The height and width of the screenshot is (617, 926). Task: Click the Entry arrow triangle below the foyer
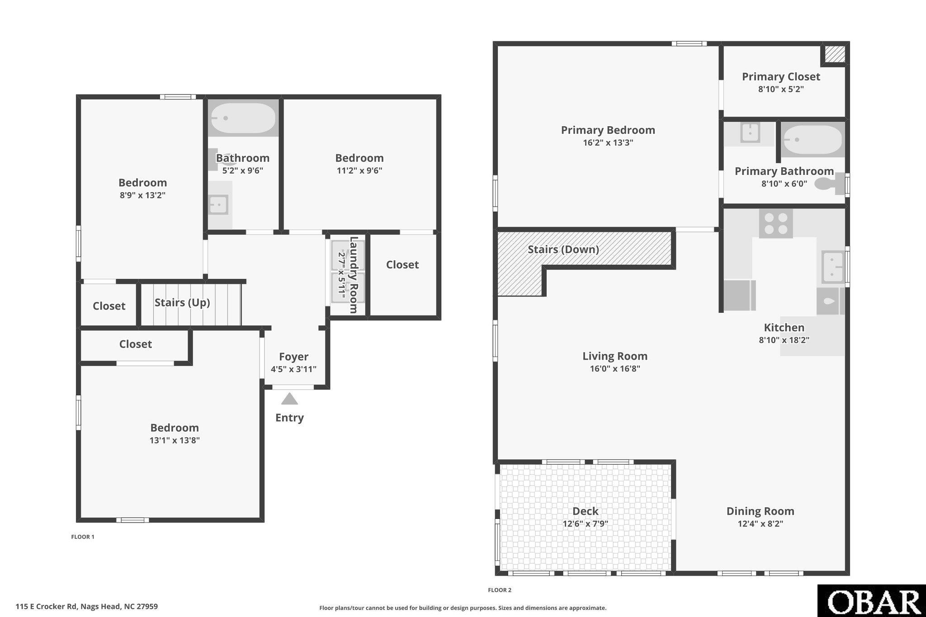289,399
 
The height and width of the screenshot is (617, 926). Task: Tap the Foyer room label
293,357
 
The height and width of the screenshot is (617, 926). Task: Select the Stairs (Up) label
182,302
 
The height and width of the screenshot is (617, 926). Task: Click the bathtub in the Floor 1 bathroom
243,118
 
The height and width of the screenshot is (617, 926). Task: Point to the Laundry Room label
354,275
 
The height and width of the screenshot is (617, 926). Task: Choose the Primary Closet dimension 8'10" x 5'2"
781,89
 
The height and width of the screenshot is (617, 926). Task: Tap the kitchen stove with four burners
775,224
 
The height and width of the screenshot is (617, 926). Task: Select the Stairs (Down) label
563,250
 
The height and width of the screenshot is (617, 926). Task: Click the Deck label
585,511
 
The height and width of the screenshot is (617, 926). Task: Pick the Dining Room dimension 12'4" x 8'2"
760,524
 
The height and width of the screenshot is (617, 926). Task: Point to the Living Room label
615,356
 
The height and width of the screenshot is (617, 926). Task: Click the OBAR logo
871,601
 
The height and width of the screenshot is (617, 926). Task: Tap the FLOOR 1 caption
83,537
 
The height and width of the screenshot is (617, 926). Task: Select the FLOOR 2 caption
500,590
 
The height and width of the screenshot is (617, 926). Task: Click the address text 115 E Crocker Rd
47,607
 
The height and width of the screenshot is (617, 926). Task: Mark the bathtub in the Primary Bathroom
813,140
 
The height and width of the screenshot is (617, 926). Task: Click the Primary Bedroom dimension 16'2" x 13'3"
608,143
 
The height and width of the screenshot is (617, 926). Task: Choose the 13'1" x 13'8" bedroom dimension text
175,440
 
